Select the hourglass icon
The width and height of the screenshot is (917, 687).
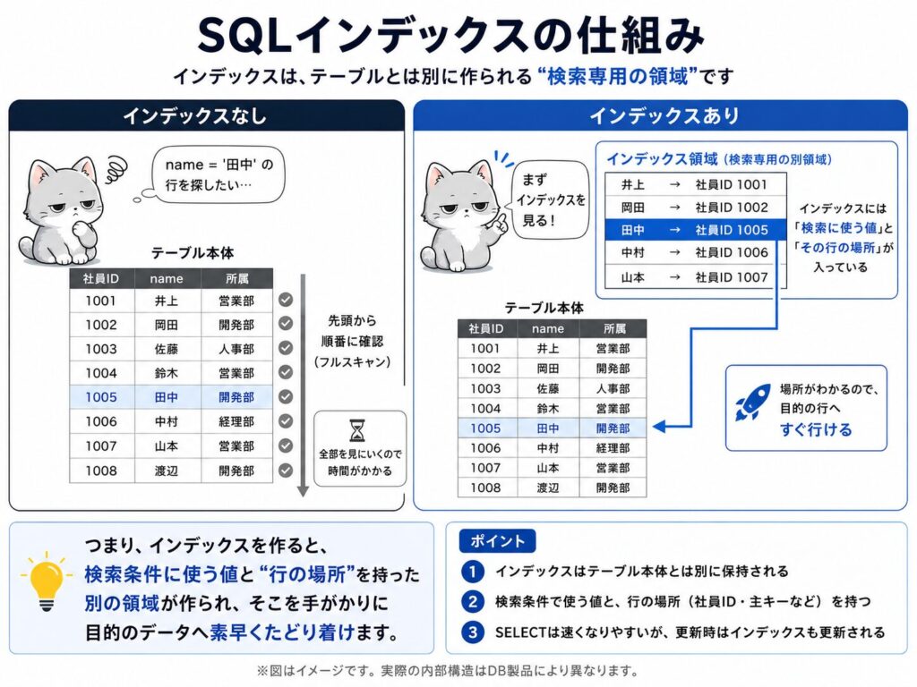click(x=357, y=430)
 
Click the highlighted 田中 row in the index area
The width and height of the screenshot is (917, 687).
click(x=695, y=230)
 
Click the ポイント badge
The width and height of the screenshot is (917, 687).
click(x=497, y=541)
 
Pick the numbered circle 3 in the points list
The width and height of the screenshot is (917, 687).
click(x=473, y=632)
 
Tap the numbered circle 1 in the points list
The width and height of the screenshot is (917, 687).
click(x=473, y=572)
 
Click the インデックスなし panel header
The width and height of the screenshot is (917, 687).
click(x=207, y=115)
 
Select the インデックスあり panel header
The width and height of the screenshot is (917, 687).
click(x=660, y=115)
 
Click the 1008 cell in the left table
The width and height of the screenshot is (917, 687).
click(x=101, y=471)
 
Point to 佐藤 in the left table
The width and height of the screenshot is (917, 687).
click(x=167, y=350)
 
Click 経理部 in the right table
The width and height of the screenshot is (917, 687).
click(x=613, y=448)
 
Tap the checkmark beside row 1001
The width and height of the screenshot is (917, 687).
click(x=286, y=300)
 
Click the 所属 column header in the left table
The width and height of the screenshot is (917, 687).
click(x=236, y=279)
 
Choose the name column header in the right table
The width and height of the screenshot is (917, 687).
click(x=548, y=329)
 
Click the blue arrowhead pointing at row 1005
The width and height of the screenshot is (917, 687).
click(x=658, y=427)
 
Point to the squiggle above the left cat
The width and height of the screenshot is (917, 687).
click(x=116, y=169)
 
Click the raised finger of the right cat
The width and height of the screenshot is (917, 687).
click(x=501, y=221)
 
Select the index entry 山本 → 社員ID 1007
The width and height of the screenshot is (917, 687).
click(x=695, y=277)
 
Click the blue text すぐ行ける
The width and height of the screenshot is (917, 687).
click(x=816, y=430)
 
